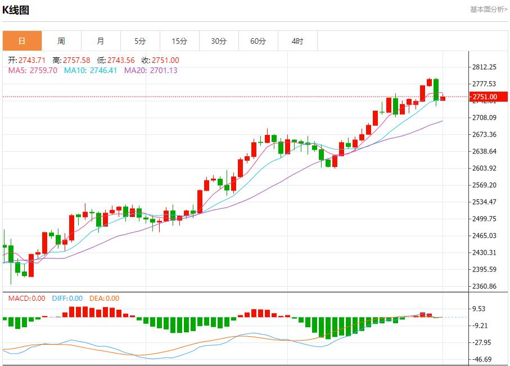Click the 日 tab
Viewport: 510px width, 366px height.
coord(22,41)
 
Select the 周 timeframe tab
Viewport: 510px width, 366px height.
coord(61,41)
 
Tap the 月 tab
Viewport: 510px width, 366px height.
coord(101,41)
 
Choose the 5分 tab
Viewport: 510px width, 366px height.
coord(140,41)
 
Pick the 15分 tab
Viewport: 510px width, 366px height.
coord(179,41)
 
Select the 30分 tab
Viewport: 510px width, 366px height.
coord(219,41)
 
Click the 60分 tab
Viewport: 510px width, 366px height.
coord(258,41)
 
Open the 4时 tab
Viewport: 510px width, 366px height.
coord(297,41)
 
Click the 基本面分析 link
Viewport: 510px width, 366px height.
coord(488,10)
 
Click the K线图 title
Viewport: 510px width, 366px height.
coord(16,10)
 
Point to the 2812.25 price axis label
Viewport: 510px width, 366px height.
coord(484,67)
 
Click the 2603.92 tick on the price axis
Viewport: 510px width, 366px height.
coord(484,168)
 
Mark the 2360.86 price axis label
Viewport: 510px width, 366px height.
coord(484,286)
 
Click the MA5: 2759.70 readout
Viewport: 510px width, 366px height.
coord(33,70)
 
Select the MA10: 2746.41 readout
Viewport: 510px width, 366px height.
coord(91,70)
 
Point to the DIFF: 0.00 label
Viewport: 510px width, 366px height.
coord(67,299)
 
